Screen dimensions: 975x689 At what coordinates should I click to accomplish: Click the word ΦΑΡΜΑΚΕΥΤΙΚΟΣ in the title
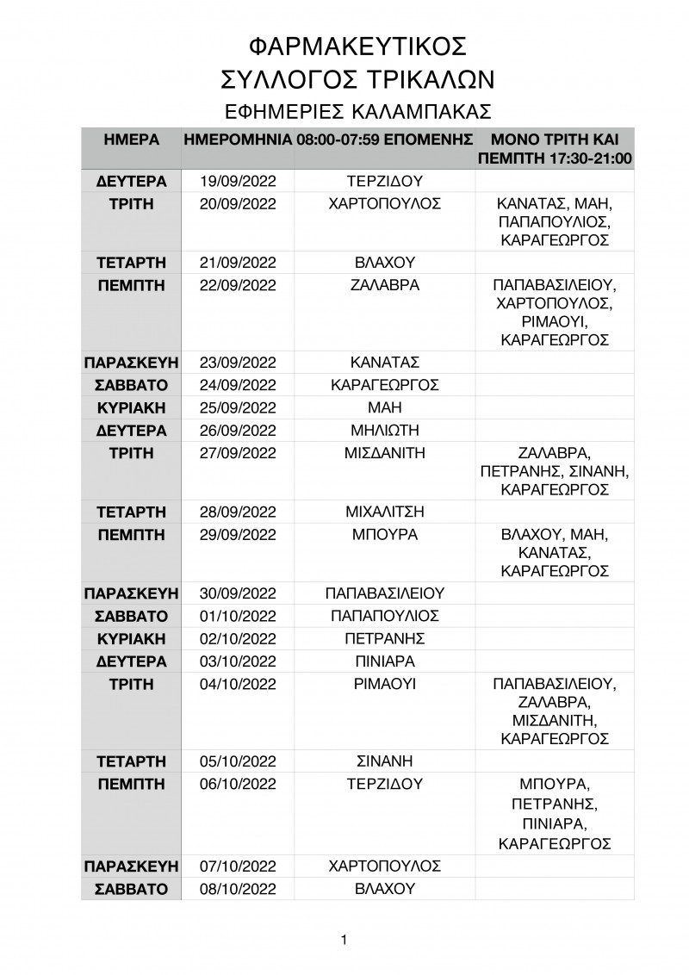344,45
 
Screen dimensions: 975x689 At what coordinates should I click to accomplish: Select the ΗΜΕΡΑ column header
131,140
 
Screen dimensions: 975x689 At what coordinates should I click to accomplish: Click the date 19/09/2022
238,181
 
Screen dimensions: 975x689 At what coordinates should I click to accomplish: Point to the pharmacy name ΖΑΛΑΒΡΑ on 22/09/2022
385,285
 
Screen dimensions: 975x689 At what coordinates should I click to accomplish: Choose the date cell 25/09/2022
238,407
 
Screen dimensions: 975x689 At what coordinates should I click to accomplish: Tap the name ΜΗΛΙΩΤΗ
385,430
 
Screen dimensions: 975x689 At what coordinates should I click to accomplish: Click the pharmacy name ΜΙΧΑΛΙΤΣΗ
385,512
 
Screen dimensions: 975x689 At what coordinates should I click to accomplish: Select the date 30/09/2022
238,593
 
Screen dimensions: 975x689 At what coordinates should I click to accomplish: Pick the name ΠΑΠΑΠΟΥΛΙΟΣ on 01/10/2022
385,616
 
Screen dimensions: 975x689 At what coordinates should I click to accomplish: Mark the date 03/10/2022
238,661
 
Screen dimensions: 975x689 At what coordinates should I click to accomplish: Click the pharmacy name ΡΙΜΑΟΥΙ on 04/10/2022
385,684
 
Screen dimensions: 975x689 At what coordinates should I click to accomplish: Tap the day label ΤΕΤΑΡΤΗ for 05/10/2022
131,761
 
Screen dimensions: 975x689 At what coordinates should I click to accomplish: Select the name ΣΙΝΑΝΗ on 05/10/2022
385,761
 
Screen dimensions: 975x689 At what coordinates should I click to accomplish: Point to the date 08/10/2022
238,888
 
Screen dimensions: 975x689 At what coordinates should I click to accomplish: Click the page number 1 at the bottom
344,940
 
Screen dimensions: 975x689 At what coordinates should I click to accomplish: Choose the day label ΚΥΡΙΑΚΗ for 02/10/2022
131,639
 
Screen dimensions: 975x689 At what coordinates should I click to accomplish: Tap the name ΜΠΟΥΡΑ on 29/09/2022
385,535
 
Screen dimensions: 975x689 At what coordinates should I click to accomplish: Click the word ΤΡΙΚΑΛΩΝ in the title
417,79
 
